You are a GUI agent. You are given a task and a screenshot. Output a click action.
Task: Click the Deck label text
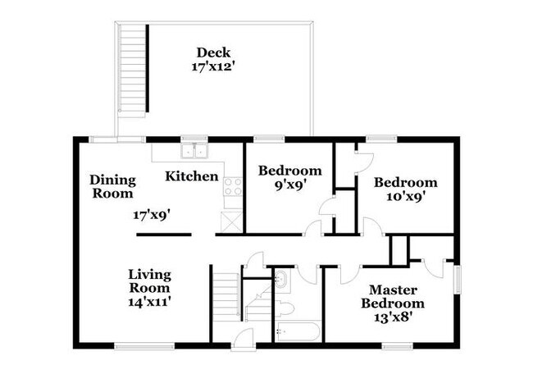click(x=213, y=52)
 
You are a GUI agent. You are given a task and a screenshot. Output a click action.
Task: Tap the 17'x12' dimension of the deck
click(x=213, y=66)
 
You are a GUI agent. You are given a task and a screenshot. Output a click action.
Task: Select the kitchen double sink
click(x=195, y=151)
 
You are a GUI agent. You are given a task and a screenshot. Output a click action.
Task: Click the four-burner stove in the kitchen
click(x=233, y=187)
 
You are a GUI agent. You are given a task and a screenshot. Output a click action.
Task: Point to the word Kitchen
click(x=192, y=176)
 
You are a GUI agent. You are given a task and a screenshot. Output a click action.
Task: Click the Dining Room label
click(x=113, y=187)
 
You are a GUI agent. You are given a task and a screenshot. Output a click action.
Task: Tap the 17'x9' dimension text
click(x=152, y=215)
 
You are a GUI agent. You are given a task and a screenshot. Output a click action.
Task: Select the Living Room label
click(x=149, y=281)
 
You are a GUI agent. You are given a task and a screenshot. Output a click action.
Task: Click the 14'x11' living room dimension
click(x=149, y=301)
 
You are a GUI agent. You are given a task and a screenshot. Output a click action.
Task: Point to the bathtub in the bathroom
click(x=297, y=331)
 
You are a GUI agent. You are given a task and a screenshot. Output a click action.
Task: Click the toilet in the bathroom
click(x=285, y=308)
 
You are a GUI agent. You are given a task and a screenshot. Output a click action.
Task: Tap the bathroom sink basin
click(x=281, y=280)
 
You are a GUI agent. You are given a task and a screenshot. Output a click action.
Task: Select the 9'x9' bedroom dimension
click(x=290, y=185)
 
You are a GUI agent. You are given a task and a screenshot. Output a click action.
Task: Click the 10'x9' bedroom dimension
click(x=406, y=197)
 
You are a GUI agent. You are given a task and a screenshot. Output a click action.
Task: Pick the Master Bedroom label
click(x=393, y=296)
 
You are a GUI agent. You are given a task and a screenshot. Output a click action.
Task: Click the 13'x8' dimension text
click(x=394, y=317)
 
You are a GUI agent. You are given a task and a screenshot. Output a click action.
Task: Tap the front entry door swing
click(x=243, y=338)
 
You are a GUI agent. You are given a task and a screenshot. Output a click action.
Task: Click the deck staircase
click(x=133, y=71)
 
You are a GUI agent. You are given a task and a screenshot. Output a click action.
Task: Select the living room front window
click(x=144, y=346)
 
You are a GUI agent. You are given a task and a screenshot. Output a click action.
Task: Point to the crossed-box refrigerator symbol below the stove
click(x=231, y=222)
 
